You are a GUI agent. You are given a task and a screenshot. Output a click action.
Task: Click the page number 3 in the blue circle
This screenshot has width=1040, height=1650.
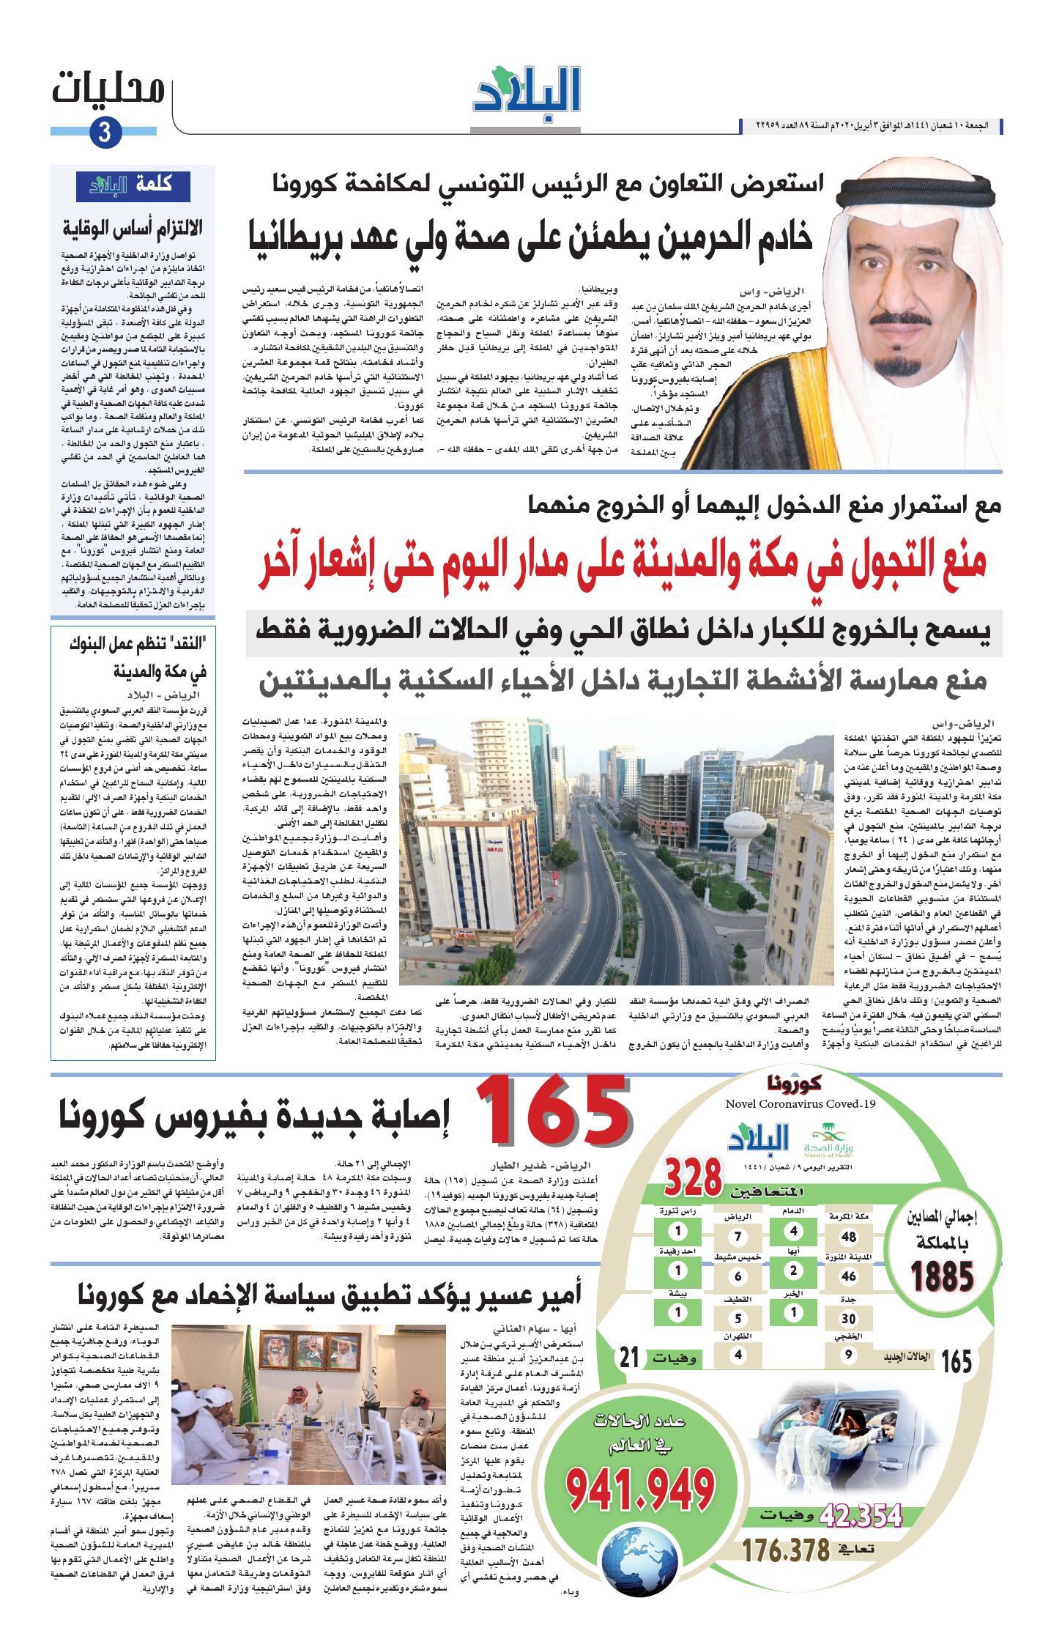(105, 133)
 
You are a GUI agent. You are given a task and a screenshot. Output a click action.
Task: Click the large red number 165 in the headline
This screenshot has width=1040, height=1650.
(554, 1111)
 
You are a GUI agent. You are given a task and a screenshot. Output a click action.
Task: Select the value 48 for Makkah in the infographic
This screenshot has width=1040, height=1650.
(848, 1236)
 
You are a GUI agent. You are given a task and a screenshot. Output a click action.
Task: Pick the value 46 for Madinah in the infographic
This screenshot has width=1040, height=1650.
(848, 1276)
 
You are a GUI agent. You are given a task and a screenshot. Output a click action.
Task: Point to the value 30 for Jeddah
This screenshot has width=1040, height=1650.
(848, 1318)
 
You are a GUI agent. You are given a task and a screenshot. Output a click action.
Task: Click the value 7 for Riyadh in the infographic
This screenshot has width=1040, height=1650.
(738, 1237)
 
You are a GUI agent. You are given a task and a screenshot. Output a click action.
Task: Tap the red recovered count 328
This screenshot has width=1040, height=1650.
(693, 1177)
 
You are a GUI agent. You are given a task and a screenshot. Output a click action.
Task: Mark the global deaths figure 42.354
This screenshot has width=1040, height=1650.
(861, 1515)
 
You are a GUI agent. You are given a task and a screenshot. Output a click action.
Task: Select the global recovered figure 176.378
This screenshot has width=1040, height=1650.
(786, 1550)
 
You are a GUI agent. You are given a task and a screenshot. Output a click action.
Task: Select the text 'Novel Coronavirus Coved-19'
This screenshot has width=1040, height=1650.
(801, 1104)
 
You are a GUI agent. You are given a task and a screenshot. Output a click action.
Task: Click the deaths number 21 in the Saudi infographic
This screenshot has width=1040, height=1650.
(630, 1358)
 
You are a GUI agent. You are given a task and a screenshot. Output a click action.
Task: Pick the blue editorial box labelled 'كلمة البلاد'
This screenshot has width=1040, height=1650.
(134, 186)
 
